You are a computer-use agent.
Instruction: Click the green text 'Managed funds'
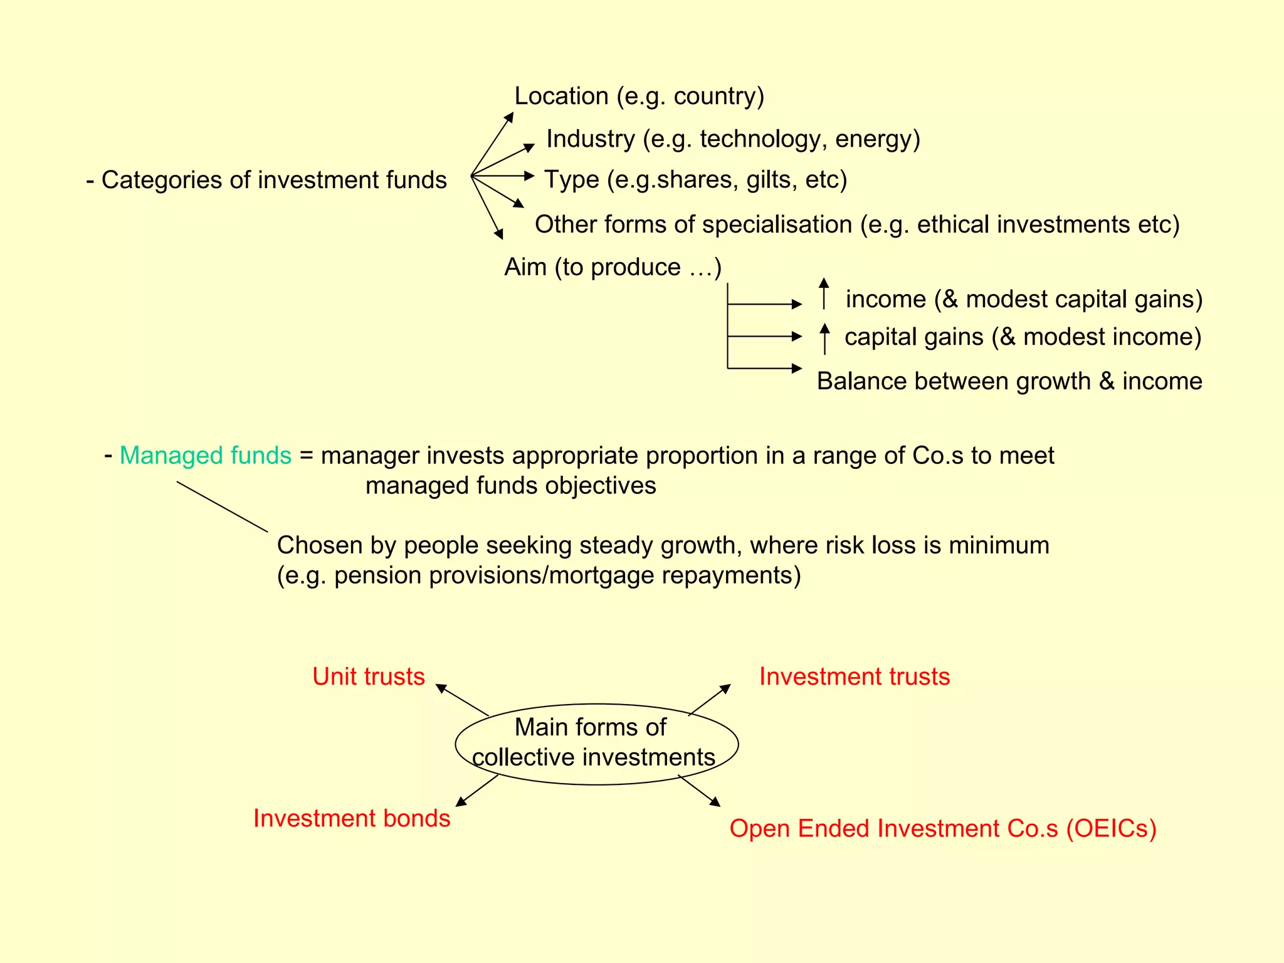[x=205, y=455]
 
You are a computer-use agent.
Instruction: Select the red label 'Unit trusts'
[x=369, y=676]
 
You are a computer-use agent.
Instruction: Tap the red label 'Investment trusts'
[x=855, y=676]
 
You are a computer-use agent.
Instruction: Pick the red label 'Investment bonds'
[x=352, y=818]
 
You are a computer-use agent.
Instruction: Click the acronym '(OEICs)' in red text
[x=1111, y=828]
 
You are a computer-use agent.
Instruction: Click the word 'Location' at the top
[x=561, y=96]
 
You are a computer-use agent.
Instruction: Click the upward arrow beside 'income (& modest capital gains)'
[x=824, y=293]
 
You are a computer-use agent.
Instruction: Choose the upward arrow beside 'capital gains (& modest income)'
[x=824, y=339]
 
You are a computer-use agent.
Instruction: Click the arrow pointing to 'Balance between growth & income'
[x=765, y=368]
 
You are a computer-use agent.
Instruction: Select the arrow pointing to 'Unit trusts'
[x=461, y=700]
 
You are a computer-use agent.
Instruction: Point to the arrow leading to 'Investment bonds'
[x=477, y=791]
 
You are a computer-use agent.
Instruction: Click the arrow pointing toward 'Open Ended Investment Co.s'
[x=700, y=791]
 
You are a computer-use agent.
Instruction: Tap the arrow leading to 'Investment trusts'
[x=710, y=700]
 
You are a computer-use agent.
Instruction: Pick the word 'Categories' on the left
[x=162, y=180]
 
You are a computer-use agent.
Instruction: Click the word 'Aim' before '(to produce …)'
[x=525, y=267]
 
